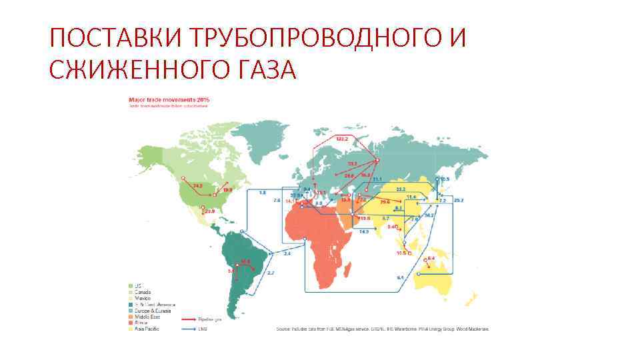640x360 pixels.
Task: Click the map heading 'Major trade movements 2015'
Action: point(169,99)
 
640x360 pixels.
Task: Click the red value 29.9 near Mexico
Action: point(209,211)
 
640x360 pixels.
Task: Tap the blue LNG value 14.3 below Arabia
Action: point(363,231)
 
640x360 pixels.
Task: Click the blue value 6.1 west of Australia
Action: point(400,277)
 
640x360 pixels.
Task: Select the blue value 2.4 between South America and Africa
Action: point(287,253)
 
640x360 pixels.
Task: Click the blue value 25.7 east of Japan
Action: point(458,200)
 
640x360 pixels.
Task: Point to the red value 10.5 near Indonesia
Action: point(401,253)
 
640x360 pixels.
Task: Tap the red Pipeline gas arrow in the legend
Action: point(190,320)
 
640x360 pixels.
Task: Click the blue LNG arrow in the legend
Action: point(190,328)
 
